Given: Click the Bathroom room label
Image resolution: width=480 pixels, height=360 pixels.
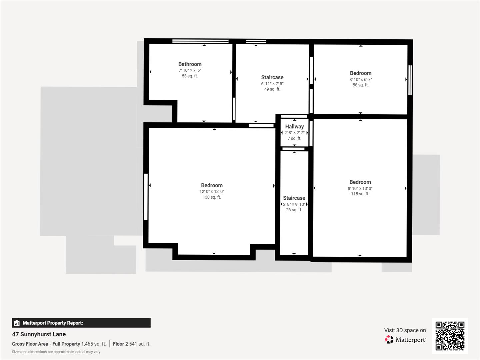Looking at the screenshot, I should (190, 64).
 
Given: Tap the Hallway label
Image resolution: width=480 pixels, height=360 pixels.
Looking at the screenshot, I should (294, 126).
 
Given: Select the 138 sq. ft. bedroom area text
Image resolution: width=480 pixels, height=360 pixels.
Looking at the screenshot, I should (212, 197).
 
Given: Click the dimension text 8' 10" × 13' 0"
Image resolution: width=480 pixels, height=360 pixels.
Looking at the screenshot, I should (360, 188).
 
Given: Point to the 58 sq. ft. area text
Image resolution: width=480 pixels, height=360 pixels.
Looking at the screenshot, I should (361, 85).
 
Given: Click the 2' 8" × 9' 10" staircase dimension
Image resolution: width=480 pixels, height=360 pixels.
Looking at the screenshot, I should (294, 204).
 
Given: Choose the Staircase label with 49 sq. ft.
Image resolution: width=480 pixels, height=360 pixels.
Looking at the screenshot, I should (272, 77).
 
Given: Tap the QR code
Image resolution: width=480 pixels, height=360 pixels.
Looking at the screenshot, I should (450, 336).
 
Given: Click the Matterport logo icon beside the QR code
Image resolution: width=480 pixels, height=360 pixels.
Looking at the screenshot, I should (389, 340).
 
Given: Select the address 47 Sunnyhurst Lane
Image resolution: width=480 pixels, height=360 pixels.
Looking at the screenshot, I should (39, 334).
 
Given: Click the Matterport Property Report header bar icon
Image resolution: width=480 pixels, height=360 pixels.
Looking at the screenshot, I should (17, 323).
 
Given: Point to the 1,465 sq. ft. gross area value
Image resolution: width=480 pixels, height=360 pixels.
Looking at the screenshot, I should (94, 344).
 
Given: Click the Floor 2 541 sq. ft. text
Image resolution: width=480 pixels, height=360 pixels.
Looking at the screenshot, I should (132, 344).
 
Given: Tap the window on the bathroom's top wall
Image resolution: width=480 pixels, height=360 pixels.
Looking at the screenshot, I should (200, 41).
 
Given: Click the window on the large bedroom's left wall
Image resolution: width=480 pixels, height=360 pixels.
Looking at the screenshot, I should (146, 197).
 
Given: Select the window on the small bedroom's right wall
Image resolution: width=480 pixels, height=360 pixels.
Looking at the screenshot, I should (410, 80).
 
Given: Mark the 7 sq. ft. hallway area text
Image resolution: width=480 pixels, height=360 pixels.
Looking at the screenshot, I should (294, 138).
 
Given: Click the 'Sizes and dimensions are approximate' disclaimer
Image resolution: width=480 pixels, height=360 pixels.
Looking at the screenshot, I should (56, 352).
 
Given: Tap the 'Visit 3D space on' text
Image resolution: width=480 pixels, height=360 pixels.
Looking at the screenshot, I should (405, 330).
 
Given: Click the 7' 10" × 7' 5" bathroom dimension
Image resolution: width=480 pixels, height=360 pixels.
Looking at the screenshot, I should (190, 70).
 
